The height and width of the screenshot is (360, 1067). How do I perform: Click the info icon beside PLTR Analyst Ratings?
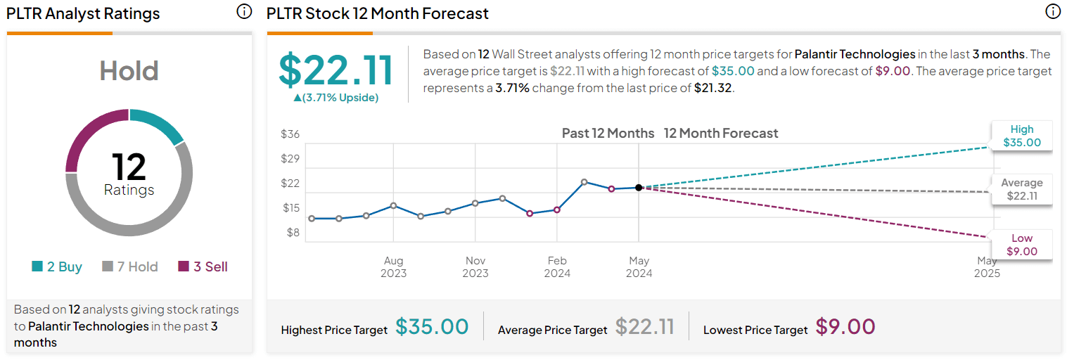click(244, 12)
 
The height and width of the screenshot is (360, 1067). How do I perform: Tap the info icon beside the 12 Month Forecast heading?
click(1052, 12)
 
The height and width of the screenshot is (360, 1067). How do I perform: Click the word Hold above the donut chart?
click(129, 71)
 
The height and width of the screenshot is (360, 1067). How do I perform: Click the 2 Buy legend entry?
click(57, 266)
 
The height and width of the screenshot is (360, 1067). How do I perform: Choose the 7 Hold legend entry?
click(130, 266)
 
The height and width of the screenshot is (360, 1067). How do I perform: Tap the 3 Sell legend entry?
click(203, 266)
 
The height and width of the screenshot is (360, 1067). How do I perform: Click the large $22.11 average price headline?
click(336, 70)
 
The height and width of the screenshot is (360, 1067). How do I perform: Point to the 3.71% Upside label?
click(336, 98)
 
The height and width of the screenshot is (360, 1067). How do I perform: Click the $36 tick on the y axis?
click(290, 134)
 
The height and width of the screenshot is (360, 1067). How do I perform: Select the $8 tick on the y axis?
click(292, 233)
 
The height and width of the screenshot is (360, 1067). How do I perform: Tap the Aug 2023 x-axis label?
click(393, 266)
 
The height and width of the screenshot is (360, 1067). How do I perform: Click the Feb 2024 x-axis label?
click(557, 266)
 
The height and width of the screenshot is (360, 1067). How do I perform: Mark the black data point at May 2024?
click(639, 188)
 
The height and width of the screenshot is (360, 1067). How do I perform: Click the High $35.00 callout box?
click(1022, 136)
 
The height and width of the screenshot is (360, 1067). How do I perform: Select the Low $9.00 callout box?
click(1022, 245)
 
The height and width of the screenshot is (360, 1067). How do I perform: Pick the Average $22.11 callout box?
click(1022, 189)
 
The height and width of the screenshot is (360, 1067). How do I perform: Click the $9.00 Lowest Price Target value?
click(845, 327)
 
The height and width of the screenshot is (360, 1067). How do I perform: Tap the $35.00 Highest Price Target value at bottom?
click(432, 327)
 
